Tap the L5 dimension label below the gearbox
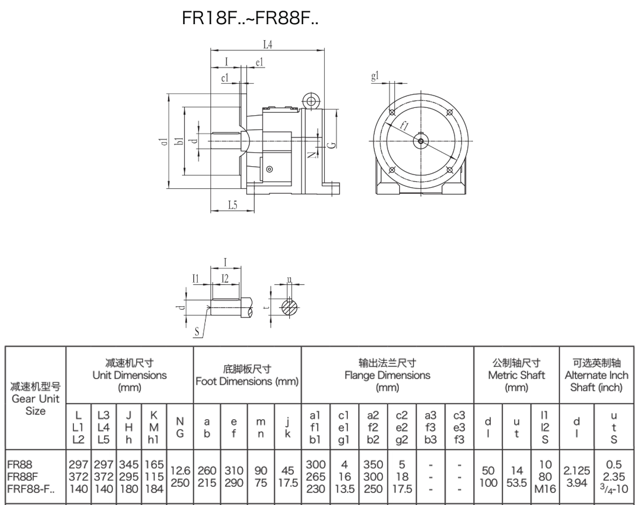pyautogui.click(x=233, y=205)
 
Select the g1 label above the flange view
pyautogui.click(x=375, y=76)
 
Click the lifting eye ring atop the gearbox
pyautogui.click(x=311, y=101)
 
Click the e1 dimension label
pyautogui.click(x=259, y=62)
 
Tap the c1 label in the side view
pyautogui.click(x=225, y=78)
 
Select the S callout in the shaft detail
pyautogui.click(x=197, y=332)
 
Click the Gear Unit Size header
pyautogui.click(x=35, y=399)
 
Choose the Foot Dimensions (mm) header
pyautogui.click(x=247, y=375)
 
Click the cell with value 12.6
pyautogui.click(x=180, y=470)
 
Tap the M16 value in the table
pyautogui.click(x=545, y=489)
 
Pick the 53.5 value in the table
pyautogui.click(x=517, y=483)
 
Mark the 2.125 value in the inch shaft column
pyautogui.click(x=576, y=470)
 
